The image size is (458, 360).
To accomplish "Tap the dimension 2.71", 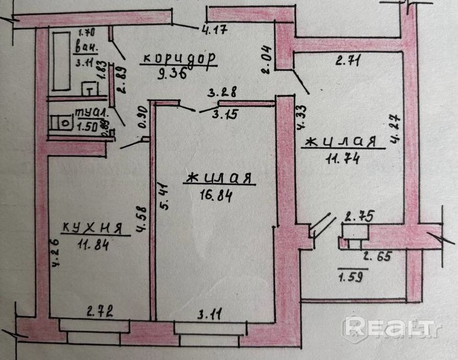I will coord(349,61).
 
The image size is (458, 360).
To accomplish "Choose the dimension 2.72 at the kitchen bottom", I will coord(100,313).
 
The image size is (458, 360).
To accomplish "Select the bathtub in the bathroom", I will coord(61,61).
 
